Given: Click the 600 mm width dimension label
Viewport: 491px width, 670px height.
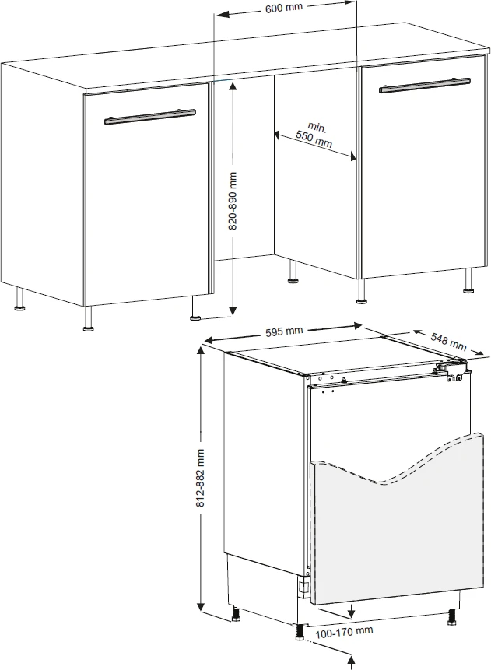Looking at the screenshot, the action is pyautogui.click(x=284, y=8).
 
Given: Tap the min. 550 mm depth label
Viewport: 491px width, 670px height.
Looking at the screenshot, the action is pyautogui.click(x=315, y=135).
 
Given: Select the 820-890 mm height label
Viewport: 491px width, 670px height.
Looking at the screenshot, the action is pyautogui.click(x=233, y=201).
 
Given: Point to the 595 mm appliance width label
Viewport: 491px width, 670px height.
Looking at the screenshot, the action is pyautogui.click(x=284, y=331).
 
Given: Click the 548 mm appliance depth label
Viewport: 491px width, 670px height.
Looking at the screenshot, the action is pyautogui.click(x=448, y=341).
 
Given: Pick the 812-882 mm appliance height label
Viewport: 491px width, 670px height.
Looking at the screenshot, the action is pyautogui.click(x=201, y=478).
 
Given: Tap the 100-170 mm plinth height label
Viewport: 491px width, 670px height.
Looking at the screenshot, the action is pyautogui.click(x=344, y=632).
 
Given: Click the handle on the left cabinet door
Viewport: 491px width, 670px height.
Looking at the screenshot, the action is pyautogui.click(x=150, y=117).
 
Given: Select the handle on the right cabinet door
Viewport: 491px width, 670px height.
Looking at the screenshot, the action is pyautogui.click(x=425, y=85).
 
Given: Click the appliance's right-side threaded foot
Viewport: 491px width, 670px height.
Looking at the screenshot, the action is pyautogui.click(x=451, y=616).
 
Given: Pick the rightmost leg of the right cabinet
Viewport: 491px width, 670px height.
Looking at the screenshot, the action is pyautogui.click(x=468, y=281).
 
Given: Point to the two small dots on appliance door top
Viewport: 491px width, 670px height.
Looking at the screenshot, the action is pyautogui.click(x=328, y=391).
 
